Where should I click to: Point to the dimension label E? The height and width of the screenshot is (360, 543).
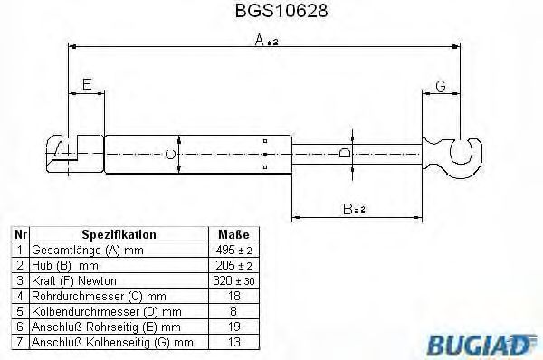pos(87,85)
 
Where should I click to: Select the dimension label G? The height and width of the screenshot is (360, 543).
pos(441,87)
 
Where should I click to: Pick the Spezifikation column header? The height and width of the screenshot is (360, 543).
pos(119,233)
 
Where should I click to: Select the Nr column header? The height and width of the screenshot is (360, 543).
pos(18,233)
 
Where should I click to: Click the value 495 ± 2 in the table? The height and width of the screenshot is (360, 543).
pos(233,249)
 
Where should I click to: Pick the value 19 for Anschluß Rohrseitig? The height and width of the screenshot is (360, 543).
pos(233,327)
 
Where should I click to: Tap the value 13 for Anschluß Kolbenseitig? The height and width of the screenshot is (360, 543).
pos(233,342)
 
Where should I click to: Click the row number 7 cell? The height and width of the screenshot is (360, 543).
pos(18,342)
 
